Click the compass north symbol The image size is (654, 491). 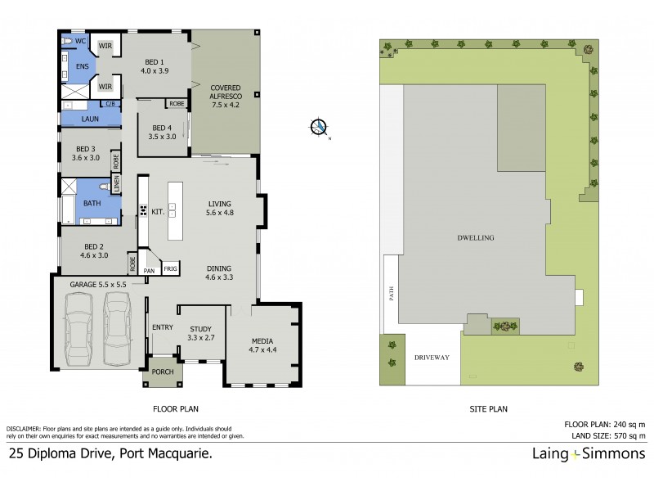click(x=319, y=127)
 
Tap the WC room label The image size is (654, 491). click(x=81, y=41)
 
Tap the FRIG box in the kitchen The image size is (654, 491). click(x=171, y=268)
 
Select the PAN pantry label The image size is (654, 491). click(x=150, y=269)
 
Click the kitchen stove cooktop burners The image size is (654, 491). click(x=143, y=211)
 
